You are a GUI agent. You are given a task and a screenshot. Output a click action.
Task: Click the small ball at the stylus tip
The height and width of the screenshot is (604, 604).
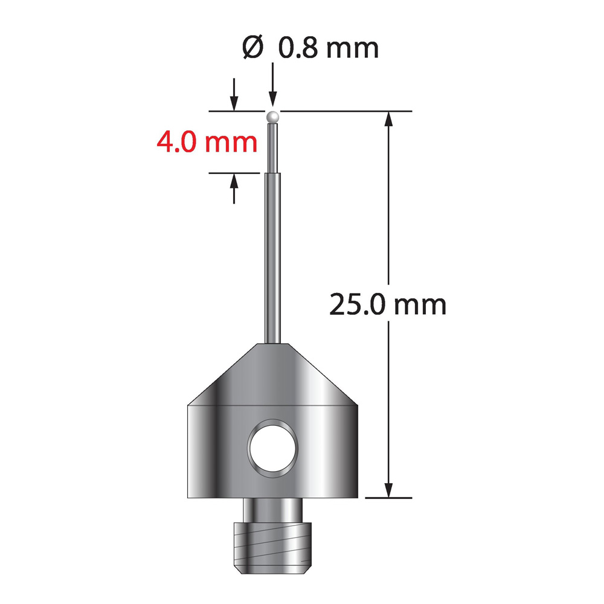[273, 115]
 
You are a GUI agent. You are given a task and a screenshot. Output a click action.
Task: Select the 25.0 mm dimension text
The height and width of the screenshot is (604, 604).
[387, 305]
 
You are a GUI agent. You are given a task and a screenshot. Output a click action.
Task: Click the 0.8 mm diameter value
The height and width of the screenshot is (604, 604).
[329, 48]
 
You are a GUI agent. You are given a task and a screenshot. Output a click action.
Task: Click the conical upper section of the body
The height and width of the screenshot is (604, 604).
[274, 374]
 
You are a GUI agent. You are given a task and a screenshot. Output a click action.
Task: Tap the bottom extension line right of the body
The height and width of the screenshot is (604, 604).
[390, 498]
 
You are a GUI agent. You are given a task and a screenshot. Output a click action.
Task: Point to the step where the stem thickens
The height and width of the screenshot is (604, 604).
[273, 173]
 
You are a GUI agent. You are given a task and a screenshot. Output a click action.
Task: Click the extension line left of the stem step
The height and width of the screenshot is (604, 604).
[236, 173]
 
